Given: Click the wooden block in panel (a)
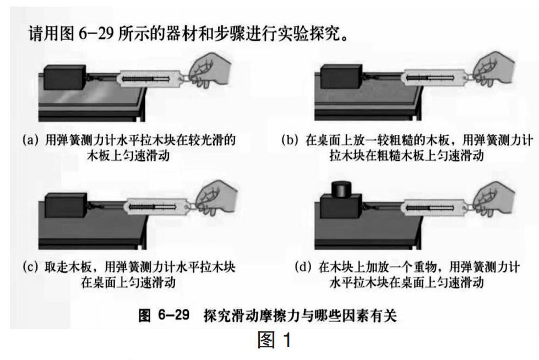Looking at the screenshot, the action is pos(65,78).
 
